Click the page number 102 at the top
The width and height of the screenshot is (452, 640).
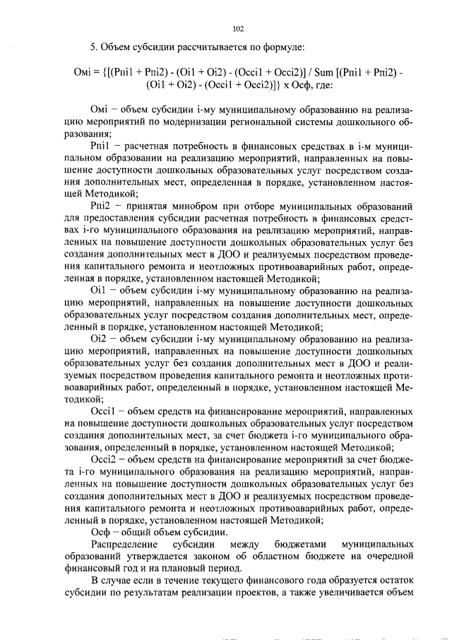(x=238, y=29)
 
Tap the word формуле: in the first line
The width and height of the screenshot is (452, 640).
(x=282, y=47)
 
